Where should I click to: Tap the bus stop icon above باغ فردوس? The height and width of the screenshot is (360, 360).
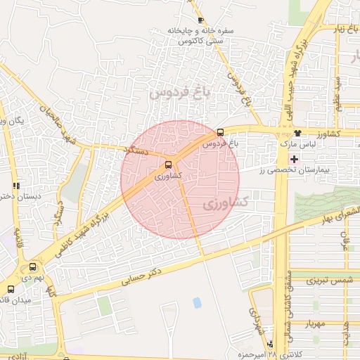(x=220, y=131)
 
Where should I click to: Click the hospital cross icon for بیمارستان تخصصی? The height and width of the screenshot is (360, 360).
(x=294, y=160)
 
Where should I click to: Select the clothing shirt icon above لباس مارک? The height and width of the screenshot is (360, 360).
(x=298, y=132)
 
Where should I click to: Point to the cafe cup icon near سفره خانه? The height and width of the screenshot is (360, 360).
(x=202, y=20)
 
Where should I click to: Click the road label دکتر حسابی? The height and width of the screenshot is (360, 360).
(x=146, y=274)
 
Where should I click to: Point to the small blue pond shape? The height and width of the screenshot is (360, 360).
(x=197, y=303)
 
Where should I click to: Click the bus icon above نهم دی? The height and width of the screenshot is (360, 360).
(x=32, y=267)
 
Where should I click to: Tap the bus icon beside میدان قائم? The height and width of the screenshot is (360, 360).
(x=10, y=288)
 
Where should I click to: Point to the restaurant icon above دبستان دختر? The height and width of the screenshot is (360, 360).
(x=15, y=186)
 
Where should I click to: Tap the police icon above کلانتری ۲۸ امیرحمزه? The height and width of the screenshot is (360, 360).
(x=271, y=344)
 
